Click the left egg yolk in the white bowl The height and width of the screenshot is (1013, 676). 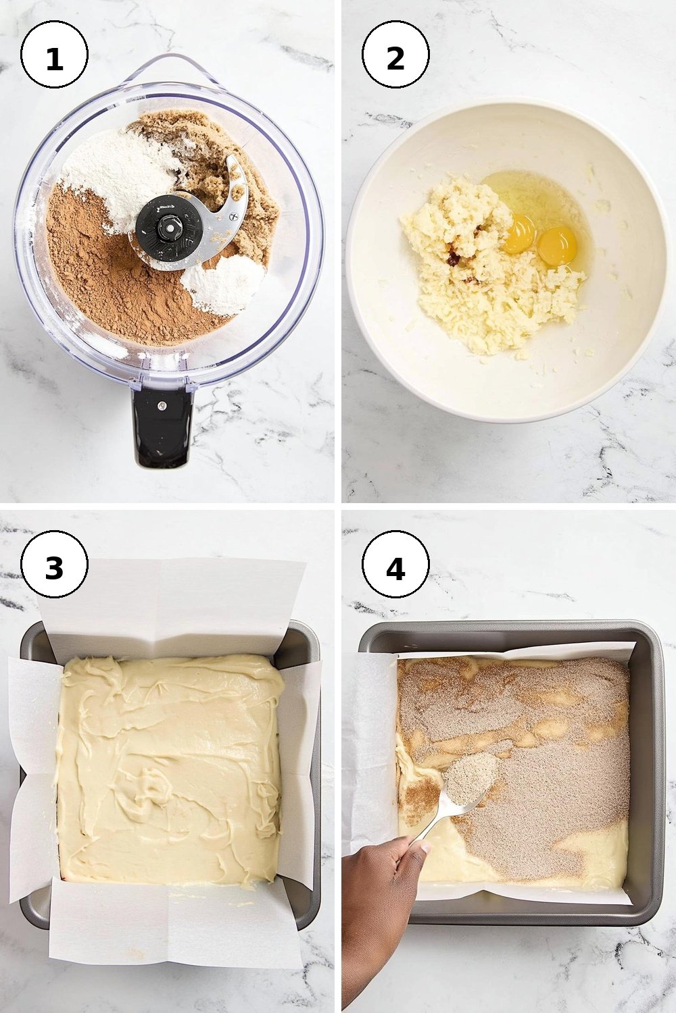(x=521, y=235)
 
